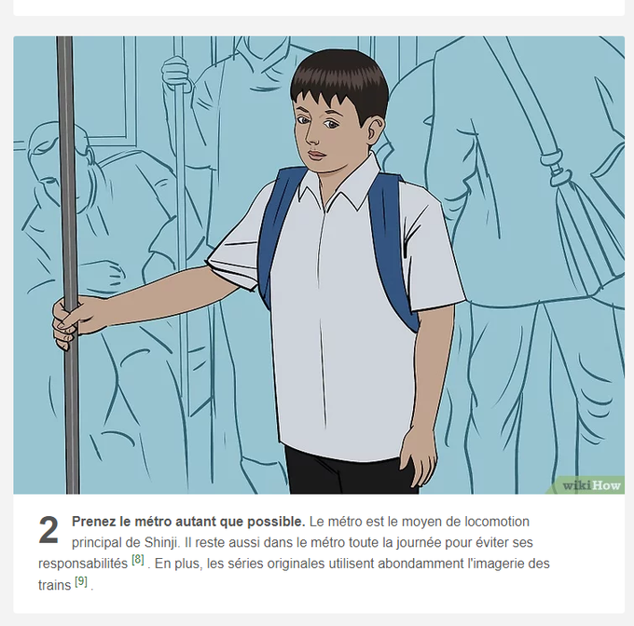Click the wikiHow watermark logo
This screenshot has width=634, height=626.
tap(591, 485)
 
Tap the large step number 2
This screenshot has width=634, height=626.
tap(48, 530)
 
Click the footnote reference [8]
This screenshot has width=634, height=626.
tap(138, 560)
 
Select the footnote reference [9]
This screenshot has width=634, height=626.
tap(81, 581)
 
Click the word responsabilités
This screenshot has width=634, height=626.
tap(83, 564)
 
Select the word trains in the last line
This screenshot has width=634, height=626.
tap(55, 585)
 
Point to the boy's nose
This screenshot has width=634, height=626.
tap(311, 134)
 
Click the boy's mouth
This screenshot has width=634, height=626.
tap(317, 155)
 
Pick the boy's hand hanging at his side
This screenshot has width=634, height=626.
tap(419, 459)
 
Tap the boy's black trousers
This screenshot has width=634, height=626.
tap(351, 470)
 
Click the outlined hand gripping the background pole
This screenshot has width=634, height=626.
tap(175, 73)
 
